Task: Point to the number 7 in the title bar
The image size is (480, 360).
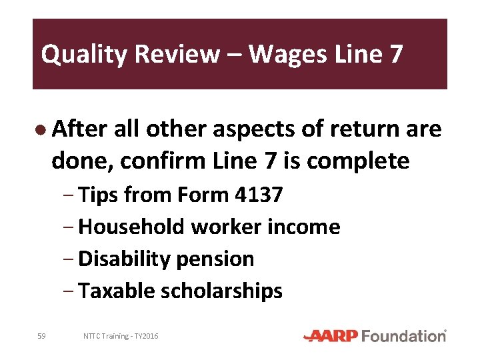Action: tap(396, 54)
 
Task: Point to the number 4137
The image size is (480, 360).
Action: tap(259, 195)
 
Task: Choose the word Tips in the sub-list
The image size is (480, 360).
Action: tap(99, 195)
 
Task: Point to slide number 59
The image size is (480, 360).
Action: tap(41, 336)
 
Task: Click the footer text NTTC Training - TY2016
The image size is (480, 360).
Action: tap(121, 336)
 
